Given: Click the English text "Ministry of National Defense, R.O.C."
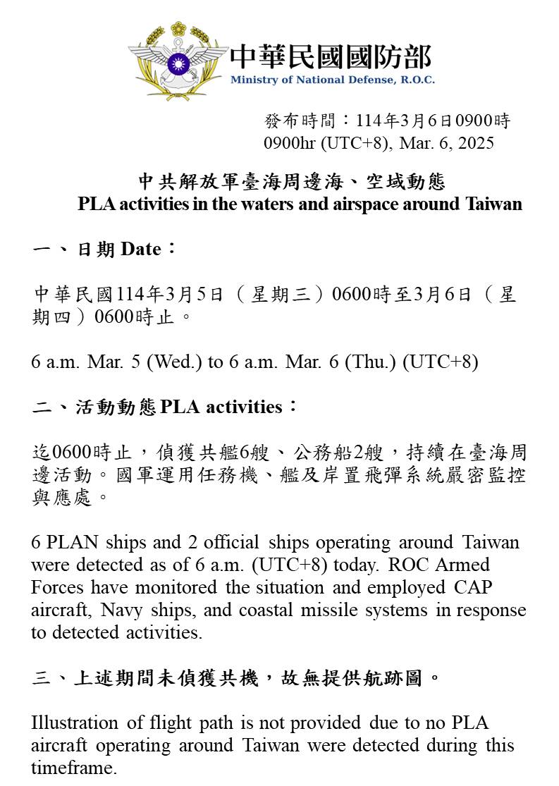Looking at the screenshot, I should point(332,80).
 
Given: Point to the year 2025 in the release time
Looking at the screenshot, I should point(476,143).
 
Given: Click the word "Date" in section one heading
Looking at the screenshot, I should point(141,249).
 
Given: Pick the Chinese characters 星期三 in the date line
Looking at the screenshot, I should point(283,294).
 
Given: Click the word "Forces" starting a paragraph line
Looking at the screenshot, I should point(58,587).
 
